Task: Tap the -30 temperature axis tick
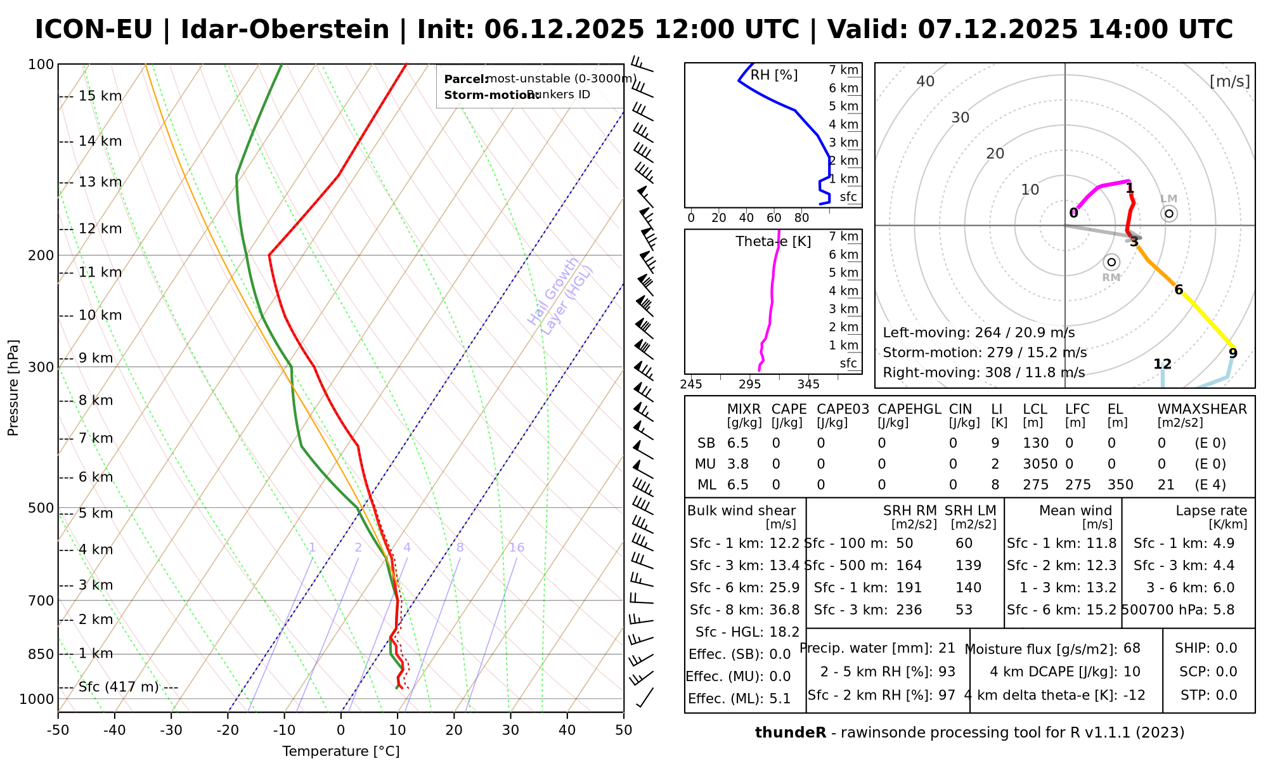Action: coord(171,731)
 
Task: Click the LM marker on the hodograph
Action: coord(1169,214)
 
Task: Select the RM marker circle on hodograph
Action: coord(1111,262)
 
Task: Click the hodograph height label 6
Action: coord(1179,290)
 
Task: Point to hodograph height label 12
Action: coord(1162,364)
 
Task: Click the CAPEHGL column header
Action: coord(909,410)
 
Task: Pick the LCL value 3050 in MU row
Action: coord(1040,464)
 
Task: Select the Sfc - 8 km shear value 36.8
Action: coord(784,610)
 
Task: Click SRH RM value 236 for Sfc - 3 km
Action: coord(909,610)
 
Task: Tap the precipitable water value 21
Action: coord(947,648)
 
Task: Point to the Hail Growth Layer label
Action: coord(560,296)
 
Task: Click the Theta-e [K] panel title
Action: coord(773,242)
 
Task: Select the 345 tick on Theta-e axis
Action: coord(808,384)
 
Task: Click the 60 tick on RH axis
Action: coord(774,218)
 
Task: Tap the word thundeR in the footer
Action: coord(790,733)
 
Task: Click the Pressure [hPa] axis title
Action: coord(13,388)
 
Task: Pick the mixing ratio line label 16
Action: coord(517,548)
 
